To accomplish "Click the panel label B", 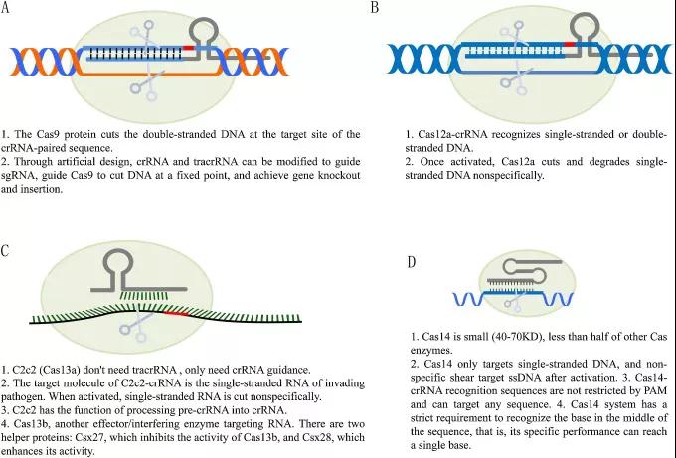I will tap(375, 8).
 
